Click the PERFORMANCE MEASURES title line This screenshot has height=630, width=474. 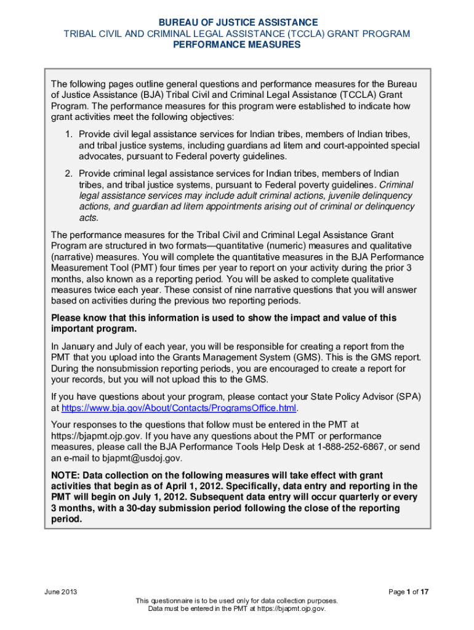pos(237,45)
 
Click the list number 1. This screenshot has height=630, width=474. pos(68,134)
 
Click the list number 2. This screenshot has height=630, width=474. pos(68,173)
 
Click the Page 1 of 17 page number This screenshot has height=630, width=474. pos(408,592)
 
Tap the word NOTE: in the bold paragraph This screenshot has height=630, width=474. pos(65,475)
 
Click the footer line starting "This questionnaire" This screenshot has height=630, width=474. pos(237,600)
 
